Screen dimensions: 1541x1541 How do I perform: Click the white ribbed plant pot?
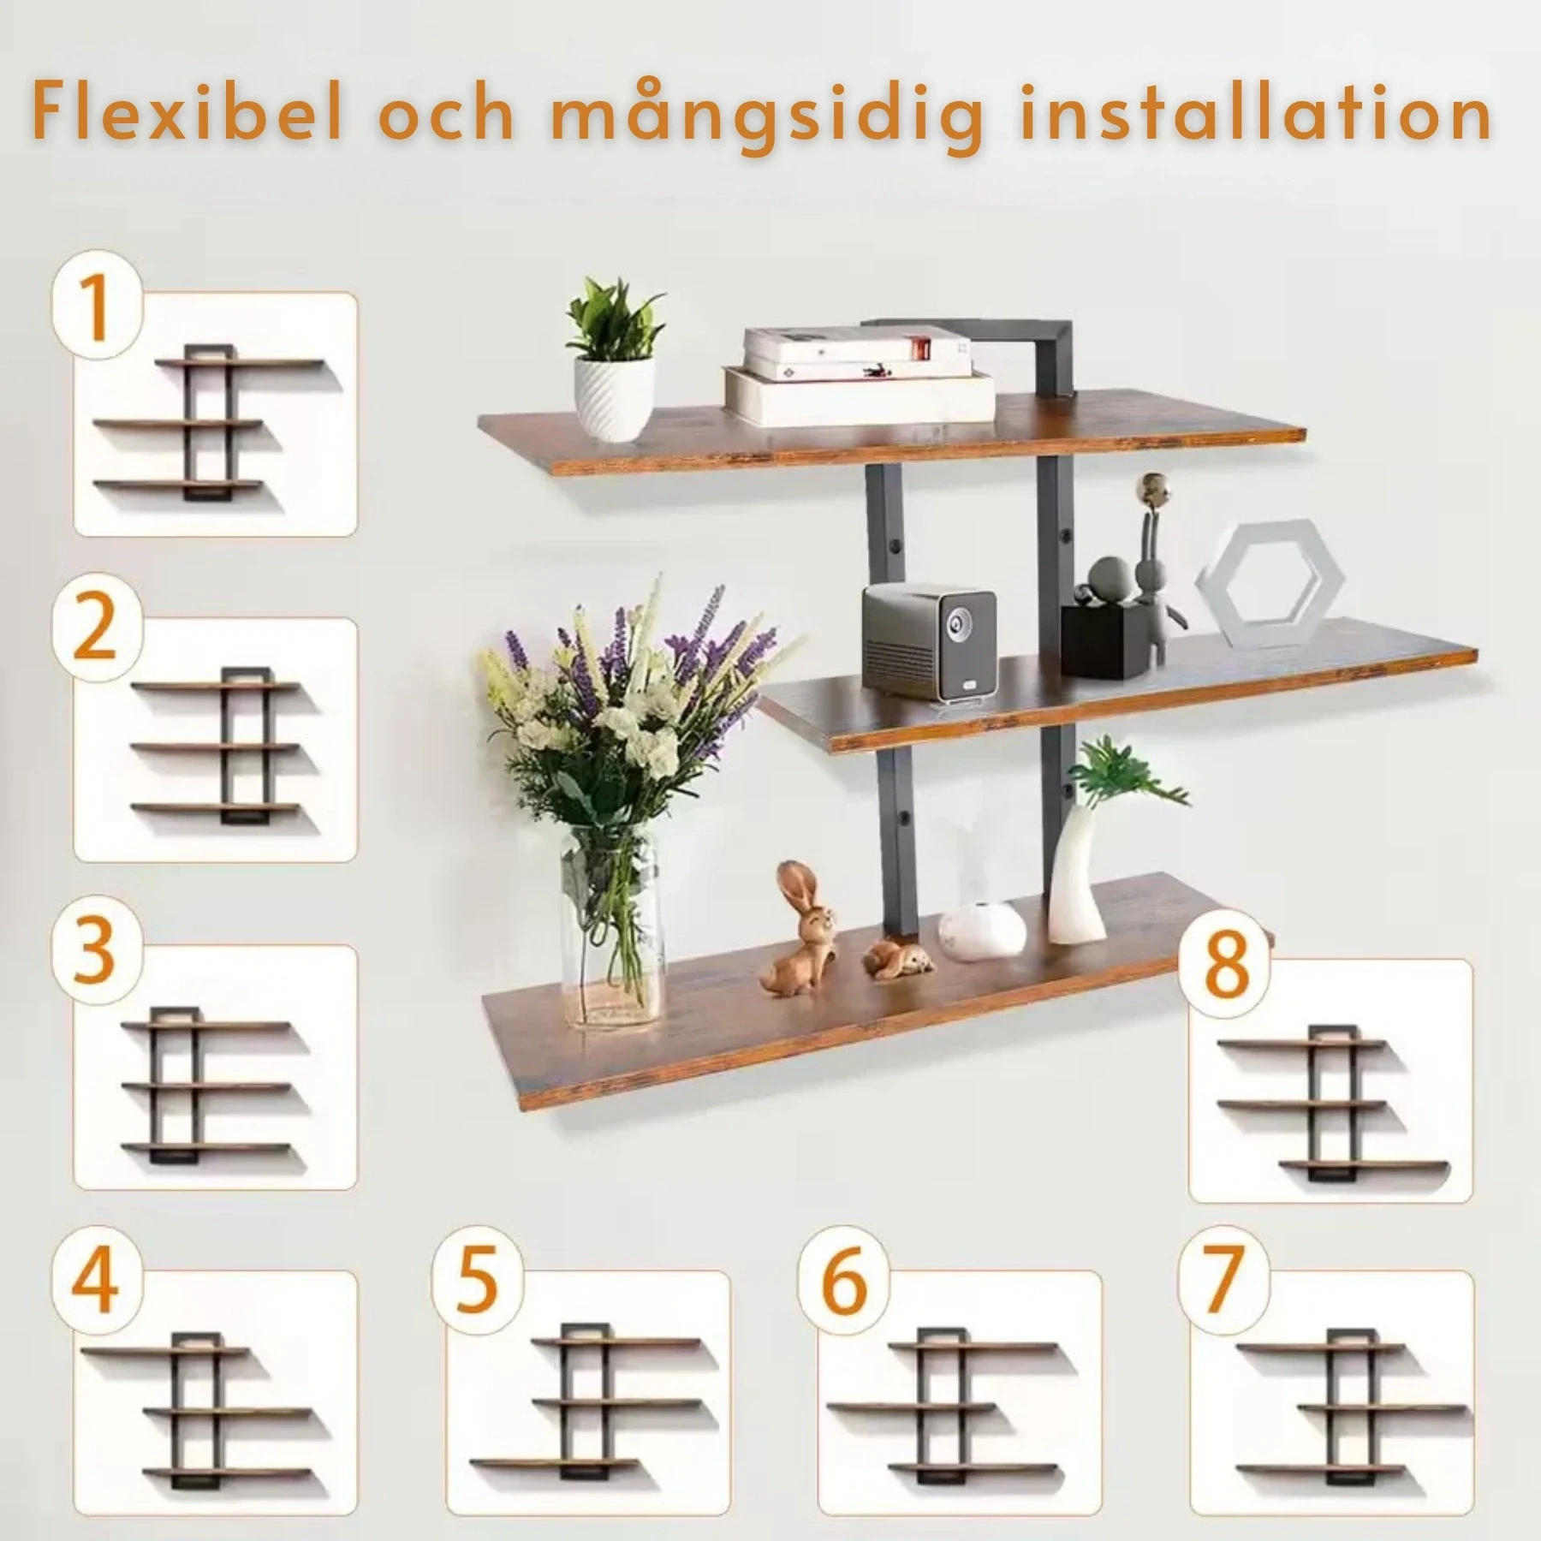(614, 399)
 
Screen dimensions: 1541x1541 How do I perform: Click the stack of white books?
(859, 376)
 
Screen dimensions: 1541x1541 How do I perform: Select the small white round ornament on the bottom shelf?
(982, 928)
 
